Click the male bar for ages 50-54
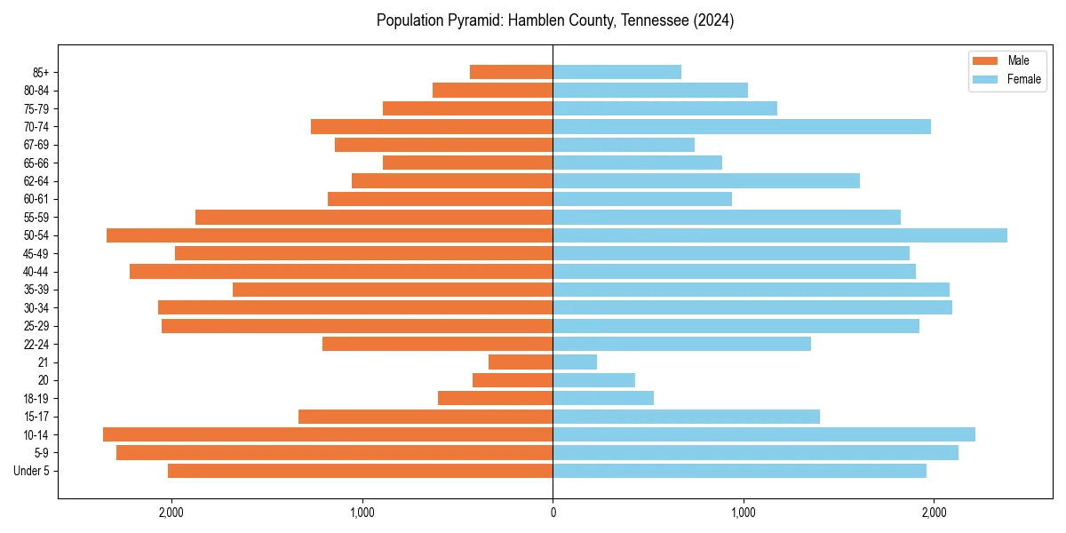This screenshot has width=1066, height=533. [x=330, y=235]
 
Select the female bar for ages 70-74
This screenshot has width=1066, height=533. [x=742, y=127]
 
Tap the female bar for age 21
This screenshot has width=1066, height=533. [x=575, y=362]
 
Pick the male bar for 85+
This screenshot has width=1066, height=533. [x=511, y=72]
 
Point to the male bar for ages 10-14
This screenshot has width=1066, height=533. [x=328, y=434]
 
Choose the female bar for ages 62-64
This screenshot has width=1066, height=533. [x=706, y=181]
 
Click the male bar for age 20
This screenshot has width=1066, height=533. [x=513, y=380]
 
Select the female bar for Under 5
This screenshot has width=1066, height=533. [x=739, y=471]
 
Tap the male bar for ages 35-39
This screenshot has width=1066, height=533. [x=393, y=290]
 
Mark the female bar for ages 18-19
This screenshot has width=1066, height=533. [x=603, y=398]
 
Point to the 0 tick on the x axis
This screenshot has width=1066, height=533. [x=553, y=513]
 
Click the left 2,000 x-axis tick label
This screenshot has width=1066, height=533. [x=171, y=513]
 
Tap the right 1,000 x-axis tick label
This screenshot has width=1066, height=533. [x=744, y=513]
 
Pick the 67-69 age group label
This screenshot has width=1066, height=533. [x=36, y=145]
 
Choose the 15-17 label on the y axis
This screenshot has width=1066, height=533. [x=36, y=417]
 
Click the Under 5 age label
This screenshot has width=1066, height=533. [x=31, y=471]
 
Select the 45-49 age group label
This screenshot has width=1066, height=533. [x=36, y=253]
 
